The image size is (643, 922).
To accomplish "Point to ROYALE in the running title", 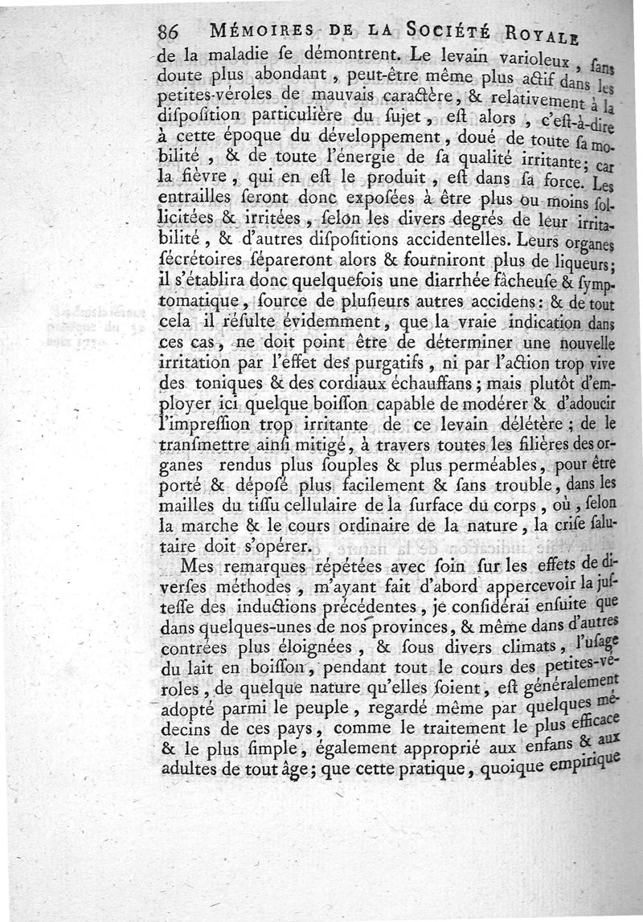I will pos(545,37).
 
